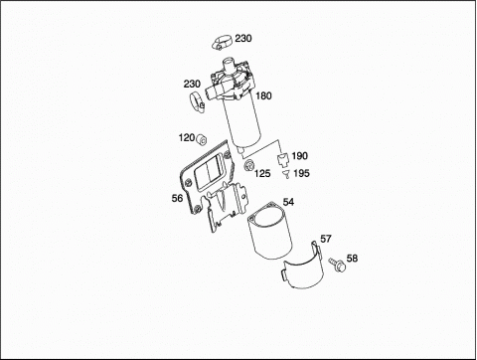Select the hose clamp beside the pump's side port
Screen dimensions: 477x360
[x=198, y=102]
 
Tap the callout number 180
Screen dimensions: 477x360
[x=263, y=95]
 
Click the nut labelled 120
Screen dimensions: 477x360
[x=201, y=139]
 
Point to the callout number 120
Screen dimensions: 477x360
[x=187, y=137]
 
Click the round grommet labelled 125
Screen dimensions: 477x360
[x=248, y=165]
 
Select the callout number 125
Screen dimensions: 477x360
[x=262, y=173]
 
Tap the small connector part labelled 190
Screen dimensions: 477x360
[x=282, y=159]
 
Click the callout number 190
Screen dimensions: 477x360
[x=299, y=156]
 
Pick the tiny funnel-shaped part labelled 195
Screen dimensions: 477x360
[x=285, y=174]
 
